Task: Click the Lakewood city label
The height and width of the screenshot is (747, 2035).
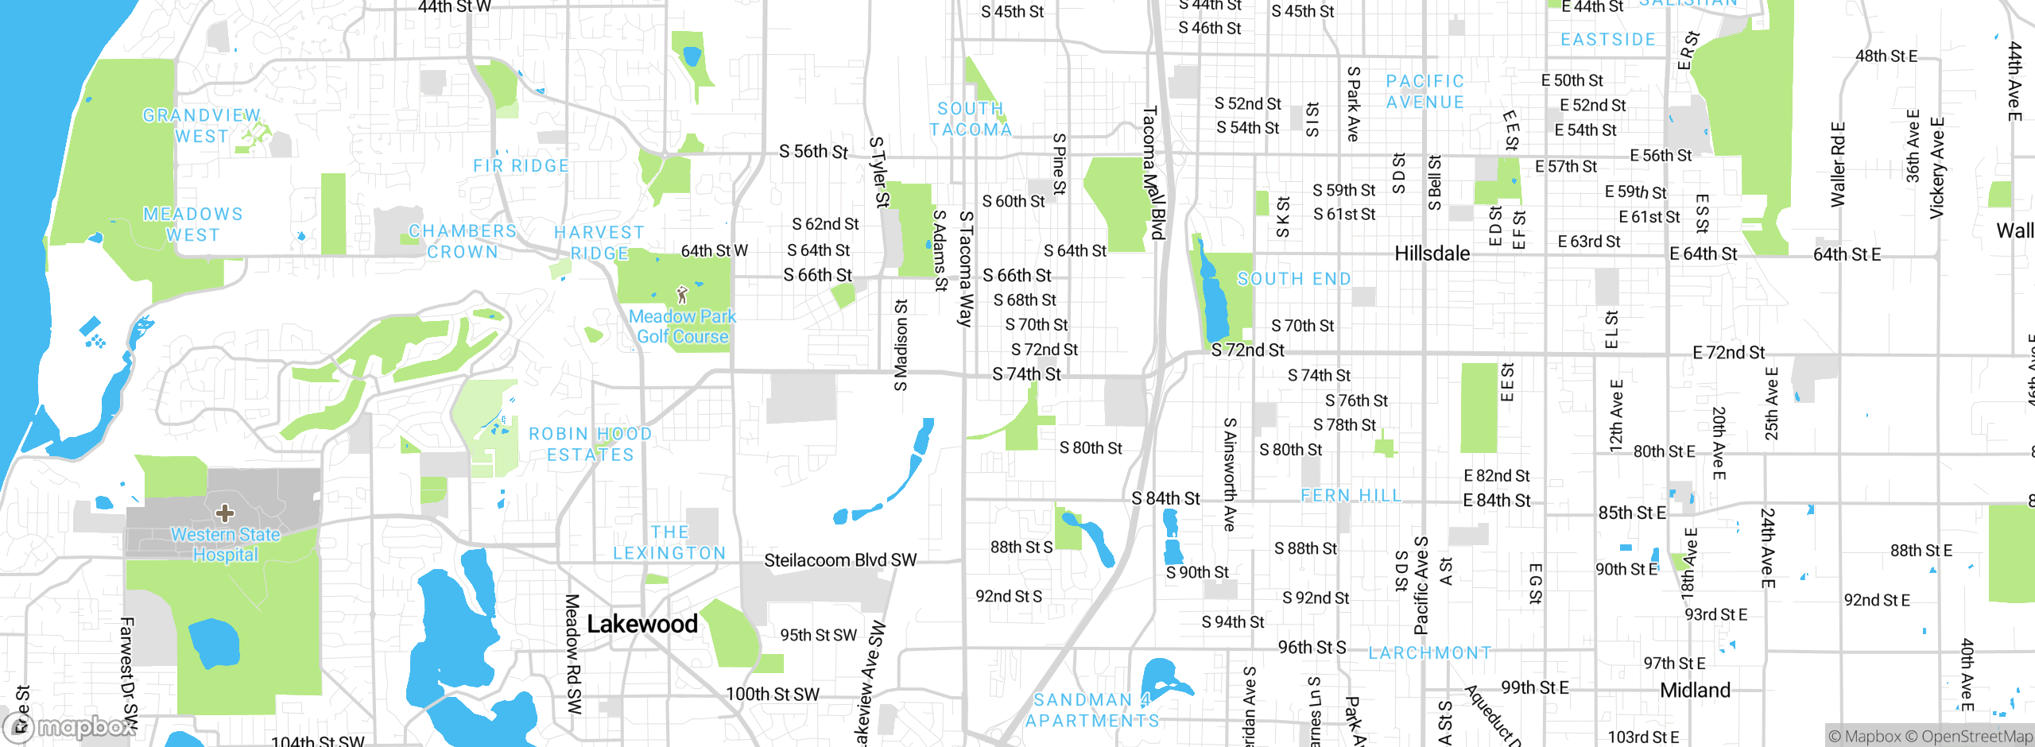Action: [x=642, y=625]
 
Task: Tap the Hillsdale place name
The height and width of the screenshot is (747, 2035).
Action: [x=1432, y=254]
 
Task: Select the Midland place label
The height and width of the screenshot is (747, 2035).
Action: [x=1695, y=690]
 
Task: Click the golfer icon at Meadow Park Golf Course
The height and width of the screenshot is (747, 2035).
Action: [x=681, y=296]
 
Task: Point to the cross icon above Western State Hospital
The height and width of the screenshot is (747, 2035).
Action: [x=225, y=513]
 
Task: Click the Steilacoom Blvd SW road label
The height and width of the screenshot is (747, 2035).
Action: [x=840, y=560]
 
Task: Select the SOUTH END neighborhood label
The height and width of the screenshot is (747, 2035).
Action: [x=1294, y=279]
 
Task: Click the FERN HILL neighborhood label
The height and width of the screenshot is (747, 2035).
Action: [x=1351, y=496]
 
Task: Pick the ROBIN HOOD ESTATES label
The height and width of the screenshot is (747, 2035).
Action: [x=590, y=444]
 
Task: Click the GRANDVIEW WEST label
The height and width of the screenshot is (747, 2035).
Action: [x=201, y=126]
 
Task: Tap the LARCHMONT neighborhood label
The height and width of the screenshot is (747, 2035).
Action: [x=1429, y=653]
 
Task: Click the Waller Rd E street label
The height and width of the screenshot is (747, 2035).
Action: [x=1838, y=164]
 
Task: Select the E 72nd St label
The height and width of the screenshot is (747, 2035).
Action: [x=1728, y=353]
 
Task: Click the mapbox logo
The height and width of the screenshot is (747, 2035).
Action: [x=70, y=726]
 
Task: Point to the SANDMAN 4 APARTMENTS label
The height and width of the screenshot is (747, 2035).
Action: [x=1092, y=710]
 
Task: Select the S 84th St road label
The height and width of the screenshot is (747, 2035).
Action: [x=1165, y=498]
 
